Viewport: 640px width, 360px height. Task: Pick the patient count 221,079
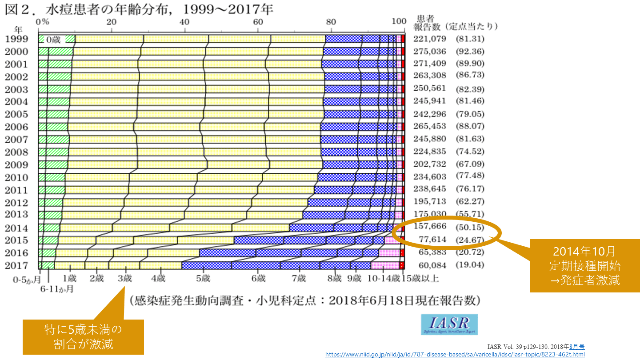429,39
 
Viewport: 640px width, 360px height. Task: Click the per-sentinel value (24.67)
470,240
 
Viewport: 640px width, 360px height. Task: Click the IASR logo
449,324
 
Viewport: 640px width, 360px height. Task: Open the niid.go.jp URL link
455,355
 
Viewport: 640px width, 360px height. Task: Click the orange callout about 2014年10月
584,266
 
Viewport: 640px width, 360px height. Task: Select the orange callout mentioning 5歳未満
83,336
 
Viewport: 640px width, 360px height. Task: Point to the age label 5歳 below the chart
203,279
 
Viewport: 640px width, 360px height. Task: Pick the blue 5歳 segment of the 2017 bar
206,265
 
